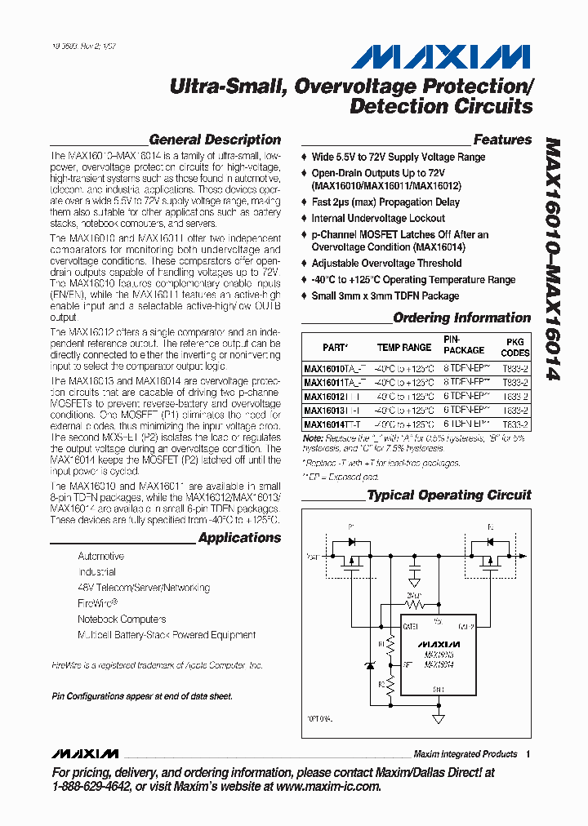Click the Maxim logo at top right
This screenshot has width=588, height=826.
click(441, 57)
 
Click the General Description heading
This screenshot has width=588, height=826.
click(215, 140)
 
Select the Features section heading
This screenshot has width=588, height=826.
click(502, 140)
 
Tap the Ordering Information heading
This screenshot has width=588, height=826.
click(461, 318)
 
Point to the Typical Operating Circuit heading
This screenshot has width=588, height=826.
click(449, 495)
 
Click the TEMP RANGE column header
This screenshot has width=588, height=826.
click(403, 347)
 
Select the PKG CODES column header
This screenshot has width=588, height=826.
click(514, 347)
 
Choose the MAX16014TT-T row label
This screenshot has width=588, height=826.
click(330, 424)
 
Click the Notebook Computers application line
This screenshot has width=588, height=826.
click(122, 619)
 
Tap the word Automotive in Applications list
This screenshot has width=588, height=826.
click(101, 556)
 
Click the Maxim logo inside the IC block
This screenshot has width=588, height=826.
click(438, 644)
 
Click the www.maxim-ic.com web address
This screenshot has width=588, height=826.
click(328, 786)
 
